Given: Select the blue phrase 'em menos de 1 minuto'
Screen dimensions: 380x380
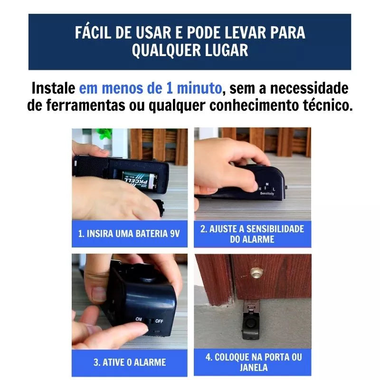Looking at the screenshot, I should [x=150, y=88].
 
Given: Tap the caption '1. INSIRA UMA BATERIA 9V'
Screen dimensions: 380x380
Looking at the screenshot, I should [x=129, y=234].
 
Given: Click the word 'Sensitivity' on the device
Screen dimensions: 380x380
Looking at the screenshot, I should [x=266, y=194].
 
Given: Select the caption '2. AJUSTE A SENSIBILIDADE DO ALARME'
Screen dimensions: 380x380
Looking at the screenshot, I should [x=252, y=234].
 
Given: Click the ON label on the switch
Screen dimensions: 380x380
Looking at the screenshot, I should [x=139, y=319].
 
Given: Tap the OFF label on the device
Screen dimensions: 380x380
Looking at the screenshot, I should [x=159, y=321].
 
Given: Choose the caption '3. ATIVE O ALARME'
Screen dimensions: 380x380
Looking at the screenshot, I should [x=129, y=362].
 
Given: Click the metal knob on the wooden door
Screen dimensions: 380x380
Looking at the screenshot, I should [x=256, y=273].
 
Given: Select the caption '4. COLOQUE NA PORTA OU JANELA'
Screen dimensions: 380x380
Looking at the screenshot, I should [x=253, y=362].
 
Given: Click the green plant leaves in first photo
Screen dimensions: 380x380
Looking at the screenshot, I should [x=104, y=133].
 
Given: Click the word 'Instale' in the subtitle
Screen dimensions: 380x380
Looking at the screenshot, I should [x=53, y=88].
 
